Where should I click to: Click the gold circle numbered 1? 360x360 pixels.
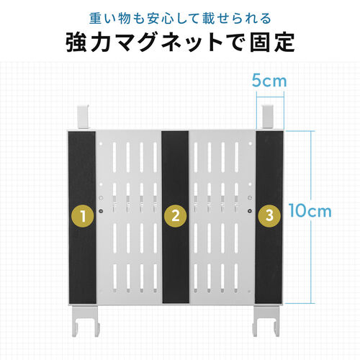coord(83,216)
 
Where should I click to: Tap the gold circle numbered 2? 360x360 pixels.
coord(176,215)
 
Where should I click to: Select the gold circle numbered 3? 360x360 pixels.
coord(269,215)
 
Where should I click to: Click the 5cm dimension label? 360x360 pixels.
coord(269,81)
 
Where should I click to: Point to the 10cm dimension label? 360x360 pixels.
coord(310,211)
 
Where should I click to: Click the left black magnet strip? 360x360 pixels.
coord(82,217)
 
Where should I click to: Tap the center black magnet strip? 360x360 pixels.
coord(176,217)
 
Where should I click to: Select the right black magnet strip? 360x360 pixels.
coord(269,217)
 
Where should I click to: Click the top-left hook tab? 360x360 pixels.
coord(83,117)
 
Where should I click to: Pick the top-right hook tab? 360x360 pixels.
coord(268,117)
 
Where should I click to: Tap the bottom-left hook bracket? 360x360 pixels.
coord(86,320)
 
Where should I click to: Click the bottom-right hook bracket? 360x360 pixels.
coord(266,320)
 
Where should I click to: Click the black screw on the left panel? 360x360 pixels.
coord(101,211)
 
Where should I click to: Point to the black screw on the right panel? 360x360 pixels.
coord(251,211)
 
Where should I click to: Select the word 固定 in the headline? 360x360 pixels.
coord(272,43)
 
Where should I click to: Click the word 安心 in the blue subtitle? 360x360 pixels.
coord(161,19)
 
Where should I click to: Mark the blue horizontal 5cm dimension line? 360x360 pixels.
coord(270,97)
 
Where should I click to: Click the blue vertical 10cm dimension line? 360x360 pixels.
coord(311,217)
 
